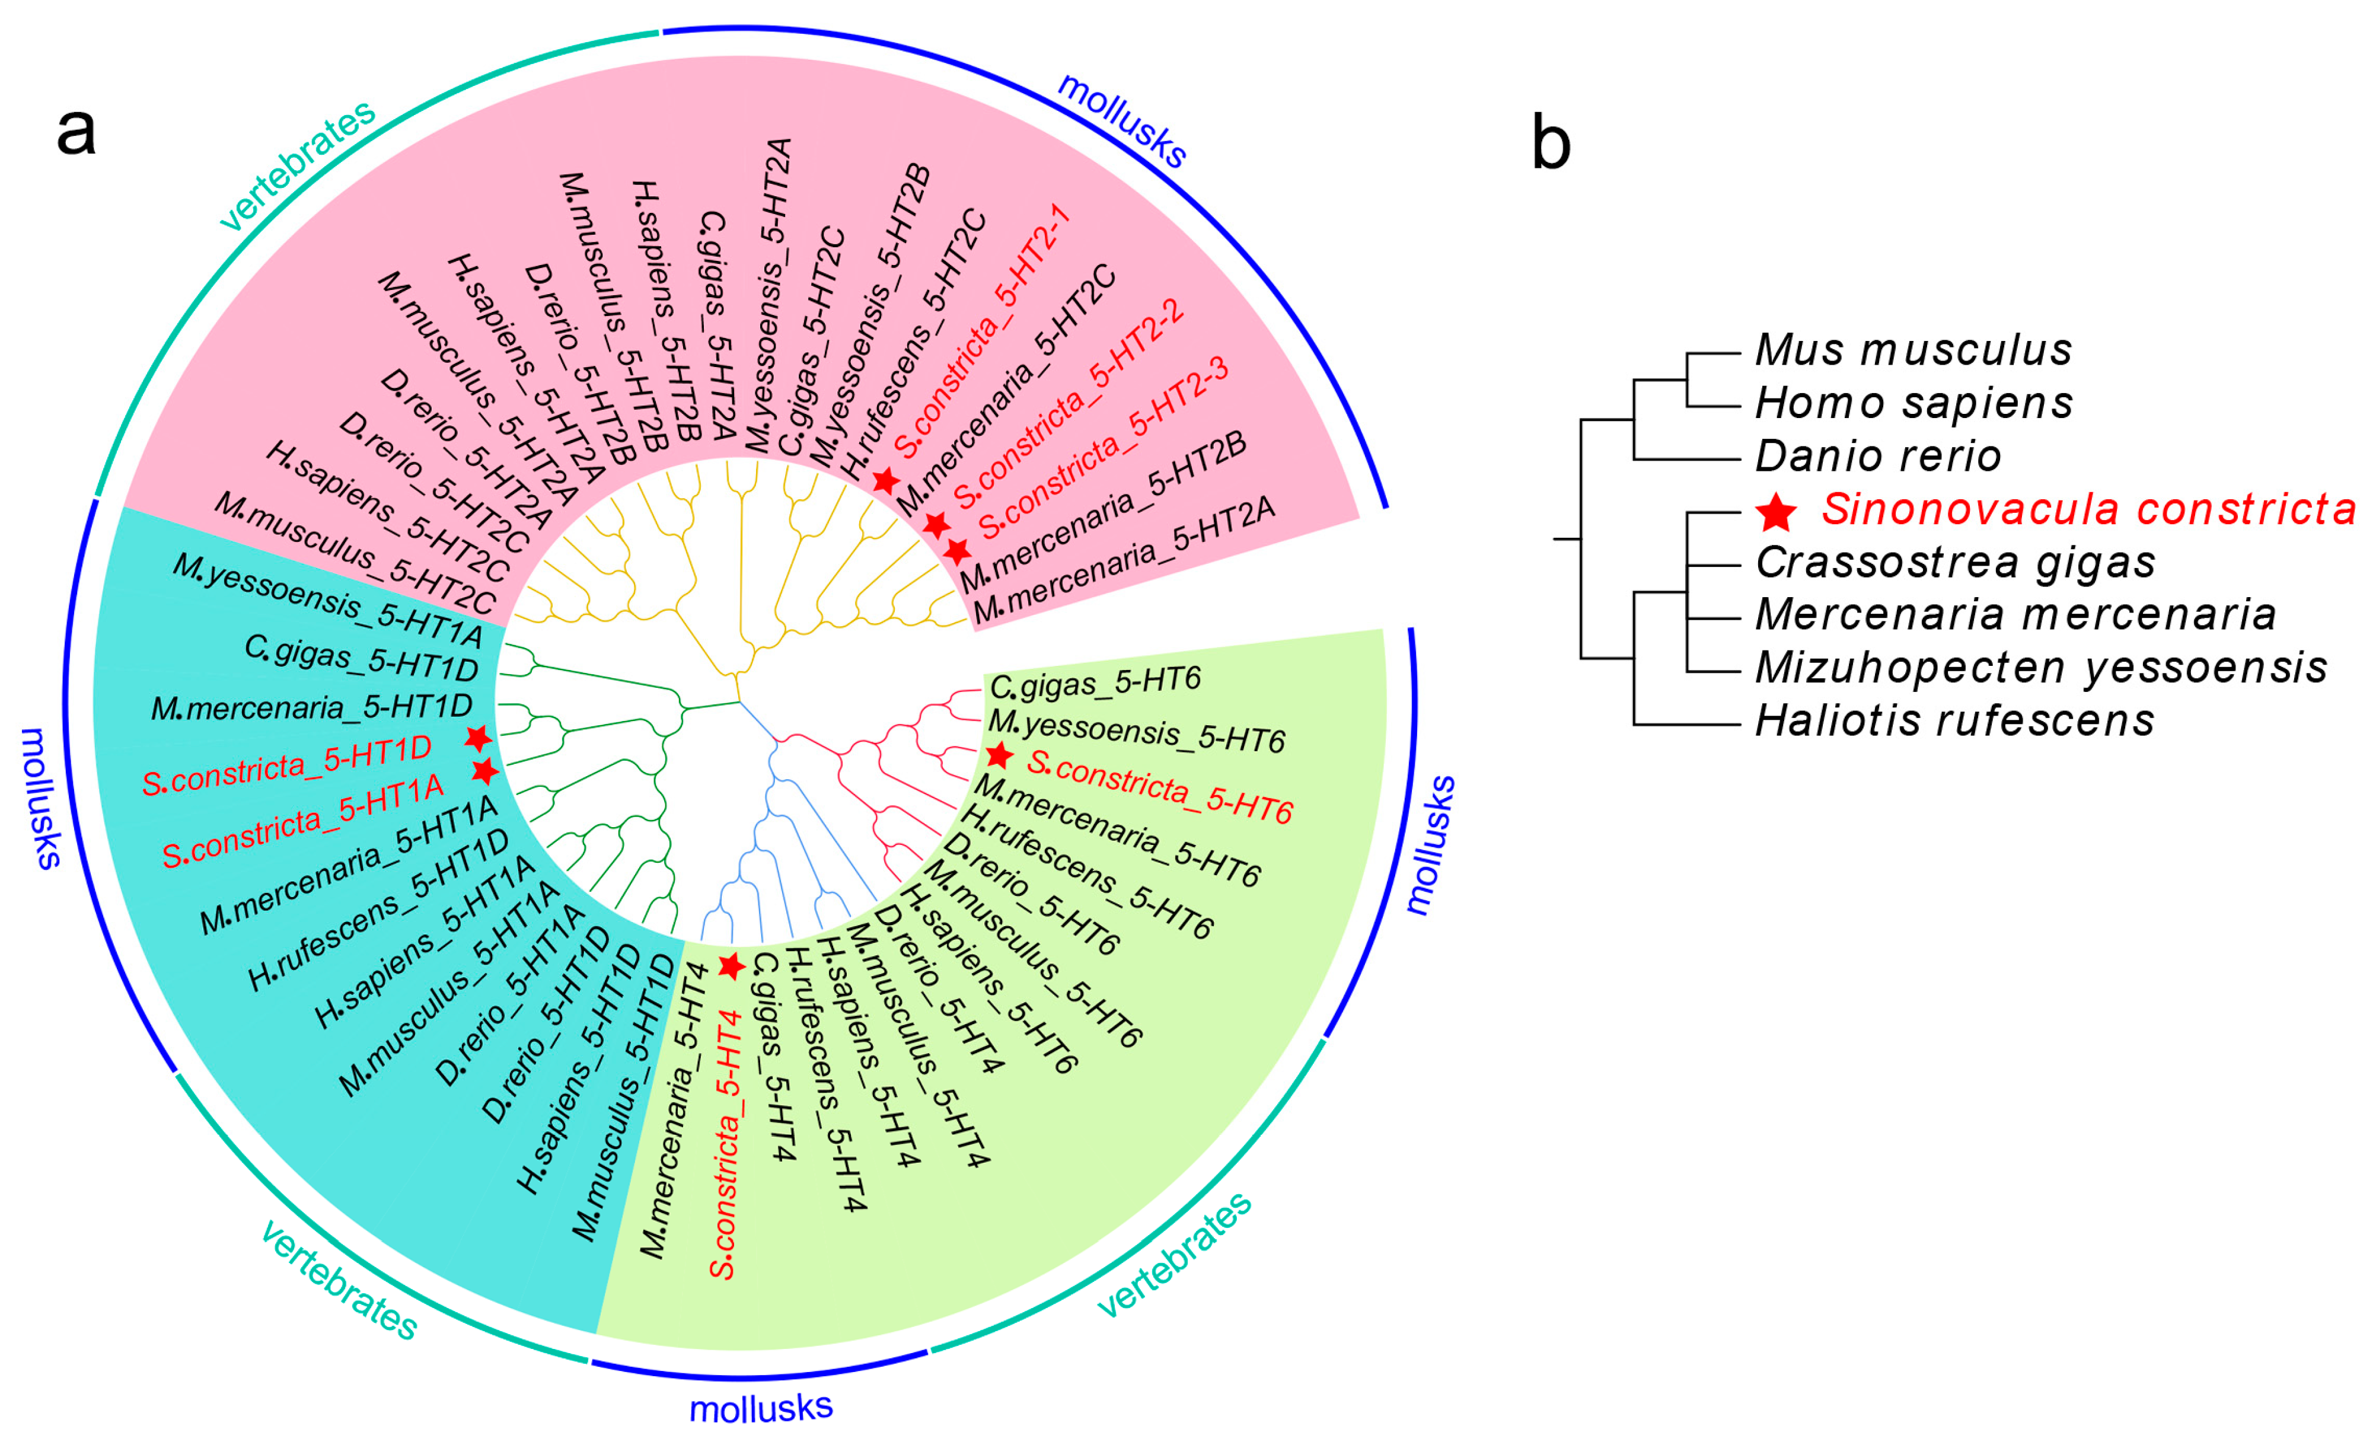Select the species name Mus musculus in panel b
1913,350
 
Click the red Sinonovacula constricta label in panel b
2088,509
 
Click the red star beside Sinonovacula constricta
1775,512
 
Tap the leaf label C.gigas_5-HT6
1095,684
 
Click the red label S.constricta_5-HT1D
286,766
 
